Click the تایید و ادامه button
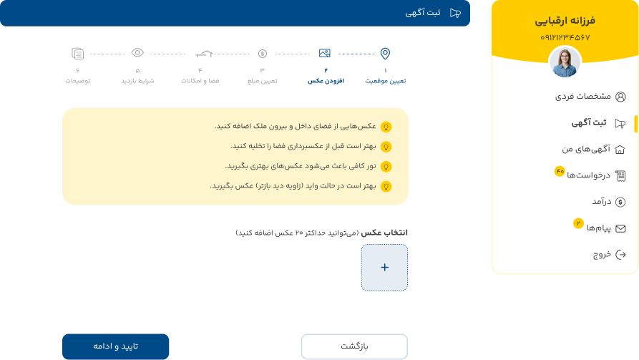click(115, 346)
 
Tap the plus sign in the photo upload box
click(384, 268)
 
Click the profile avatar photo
click(565, 62)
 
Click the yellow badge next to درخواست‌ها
click(560, 171)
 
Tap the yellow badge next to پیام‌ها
click(578, 223)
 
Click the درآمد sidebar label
click(602, 201)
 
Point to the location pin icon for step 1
click(385, 54)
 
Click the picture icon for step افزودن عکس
click(325, 53)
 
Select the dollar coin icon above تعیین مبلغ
click(263, 54)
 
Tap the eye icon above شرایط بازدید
click(137, 52)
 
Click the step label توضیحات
click(78, 81)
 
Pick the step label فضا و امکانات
click(200, 81)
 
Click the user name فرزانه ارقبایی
click(565, 20)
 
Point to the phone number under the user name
click(565, 37)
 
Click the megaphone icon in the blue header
click(455, 13)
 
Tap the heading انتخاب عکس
click(384, 233)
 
